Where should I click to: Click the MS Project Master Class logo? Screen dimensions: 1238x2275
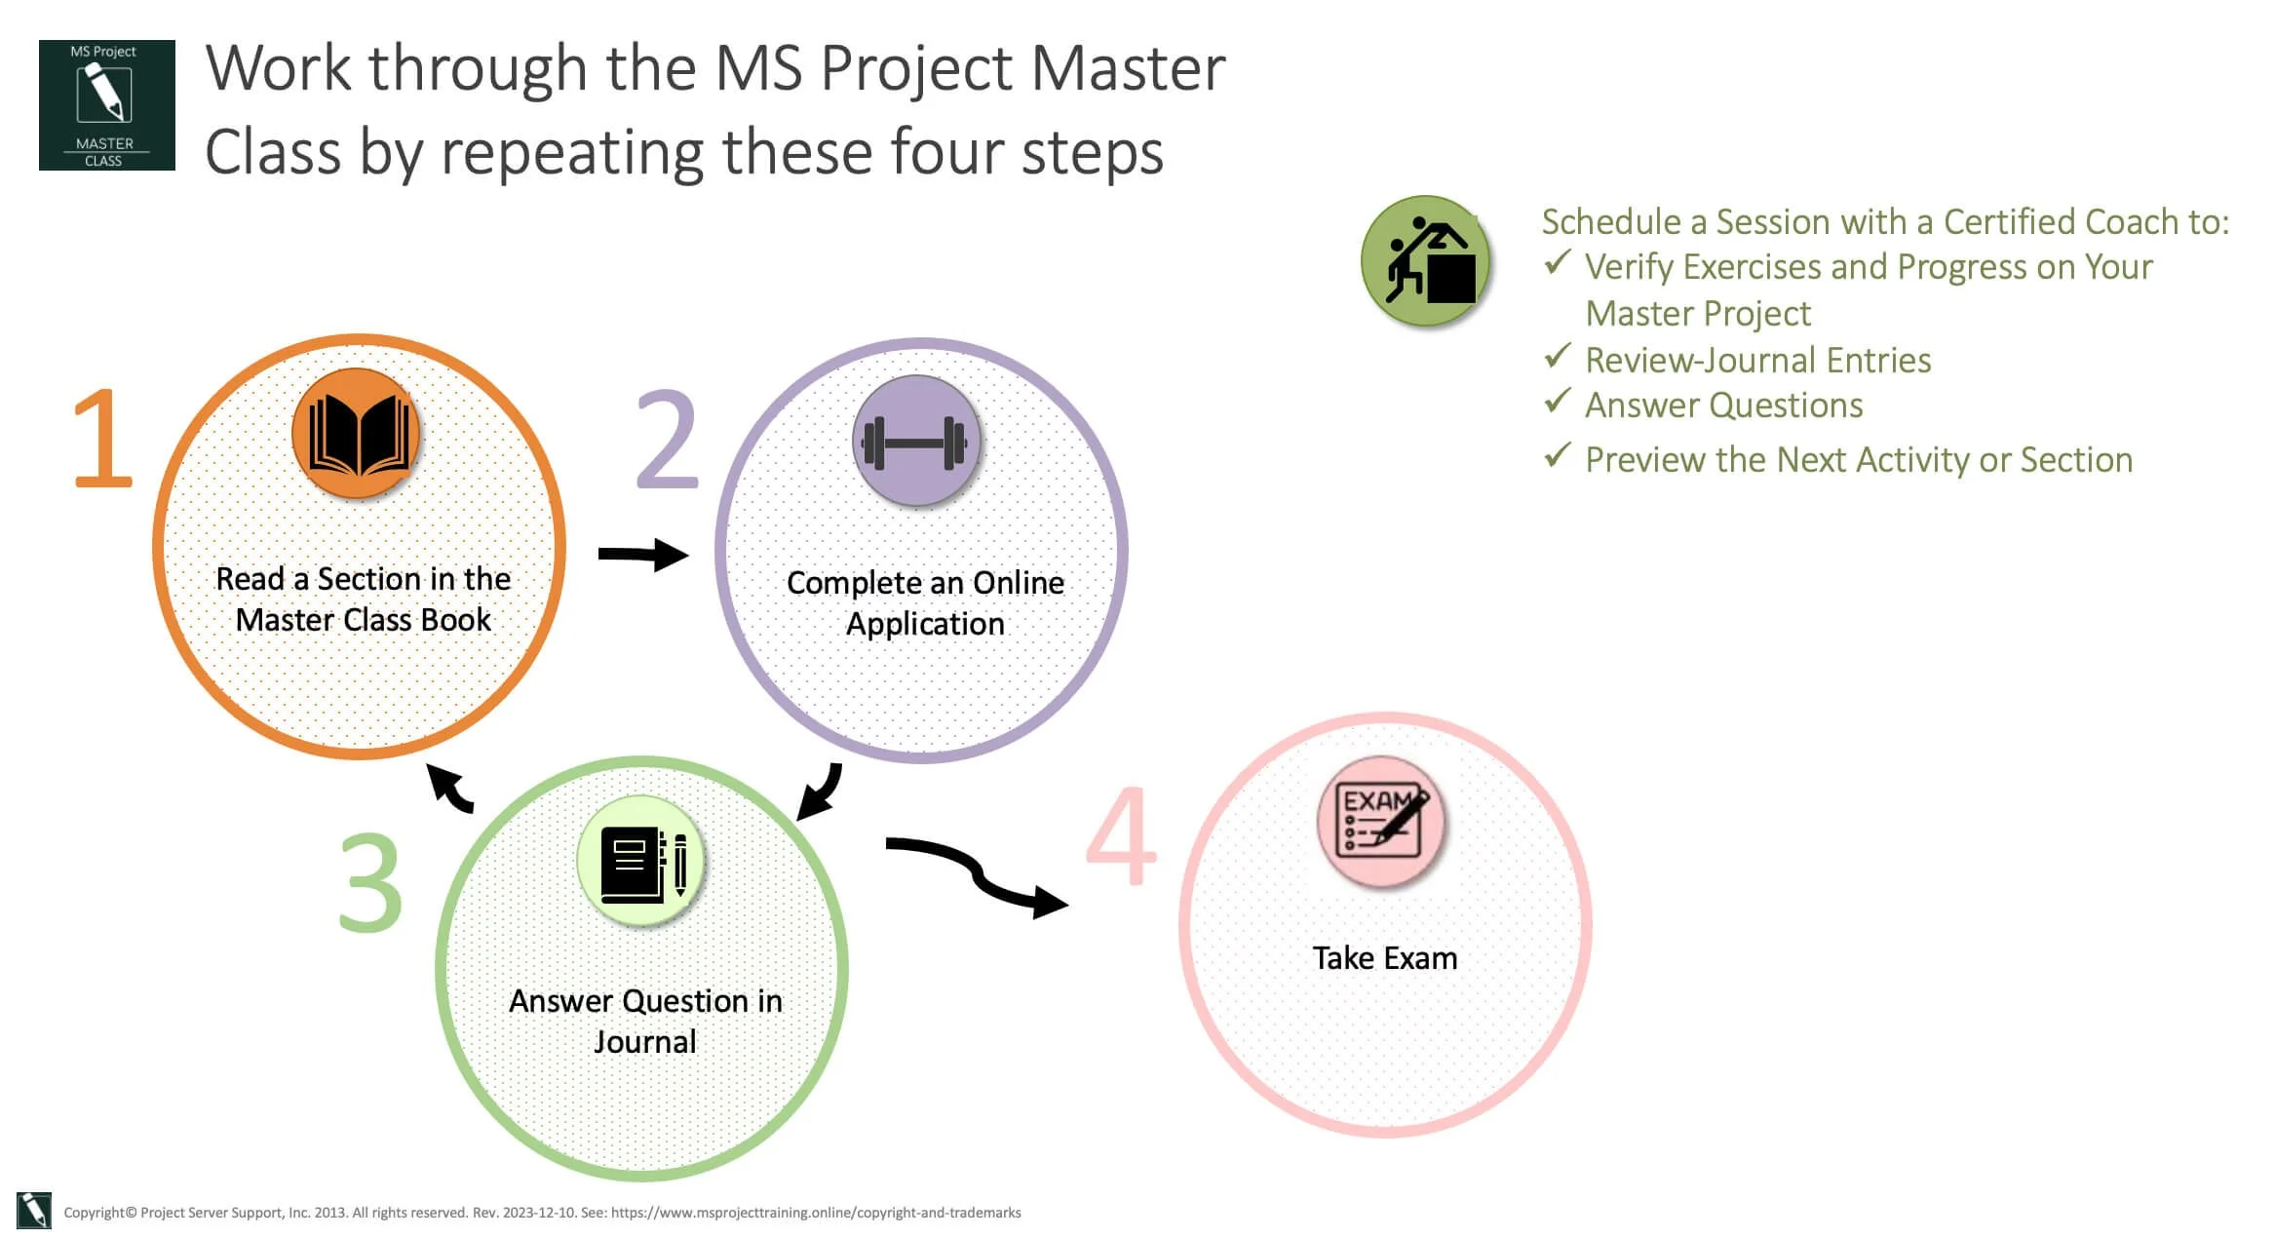106,105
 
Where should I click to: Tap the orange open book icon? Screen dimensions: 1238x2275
357,434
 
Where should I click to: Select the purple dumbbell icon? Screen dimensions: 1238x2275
915,442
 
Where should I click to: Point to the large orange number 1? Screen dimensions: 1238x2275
103,439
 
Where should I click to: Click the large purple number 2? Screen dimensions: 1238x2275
668,441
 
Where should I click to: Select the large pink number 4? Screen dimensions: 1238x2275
1122,836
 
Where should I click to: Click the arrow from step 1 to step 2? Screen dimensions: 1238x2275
643,555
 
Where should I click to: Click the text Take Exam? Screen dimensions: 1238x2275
1384,958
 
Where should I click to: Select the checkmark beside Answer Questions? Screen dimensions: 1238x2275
1558,402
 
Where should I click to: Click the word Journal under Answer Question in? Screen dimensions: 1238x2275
645,1042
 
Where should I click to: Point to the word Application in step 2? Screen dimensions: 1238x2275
925,624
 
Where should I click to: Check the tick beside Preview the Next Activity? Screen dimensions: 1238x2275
1558,455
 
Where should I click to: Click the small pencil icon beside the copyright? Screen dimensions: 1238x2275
34,1211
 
